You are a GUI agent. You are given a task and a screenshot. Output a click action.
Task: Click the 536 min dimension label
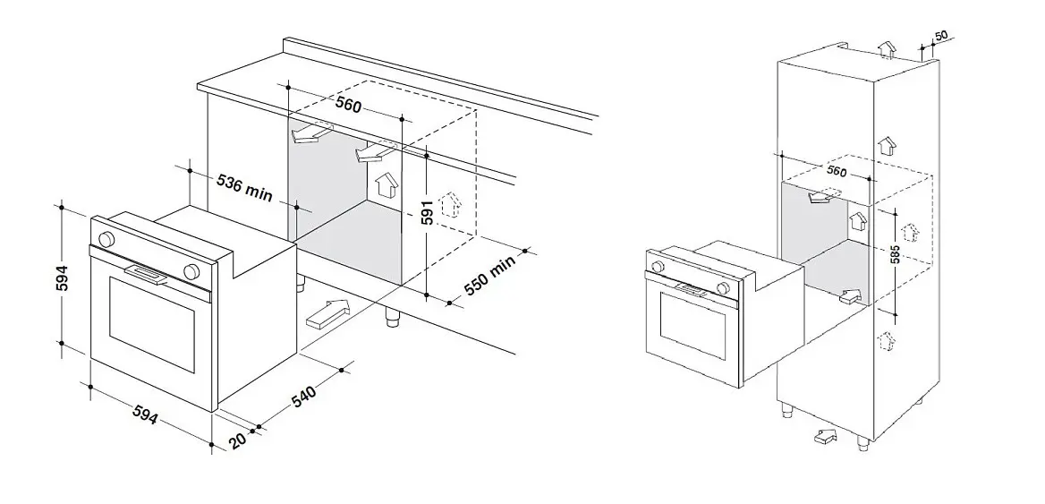click(244, 188)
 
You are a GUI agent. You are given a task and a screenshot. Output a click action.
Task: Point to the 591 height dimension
click(428, 210)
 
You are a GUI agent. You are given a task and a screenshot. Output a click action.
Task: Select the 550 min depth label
click(490, 275)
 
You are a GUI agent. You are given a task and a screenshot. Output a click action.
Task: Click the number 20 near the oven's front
click(238, 440)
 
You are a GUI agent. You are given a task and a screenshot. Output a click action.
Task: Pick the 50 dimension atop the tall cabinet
click(941, 36)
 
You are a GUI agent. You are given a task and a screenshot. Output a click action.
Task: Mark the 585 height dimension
click(896, 254)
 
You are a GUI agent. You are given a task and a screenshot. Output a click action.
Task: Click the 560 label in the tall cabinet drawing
click(837, 171)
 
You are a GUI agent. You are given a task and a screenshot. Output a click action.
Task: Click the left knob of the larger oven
click(106, 239)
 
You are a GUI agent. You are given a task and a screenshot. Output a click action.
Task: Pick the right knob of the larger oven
click(192, 271)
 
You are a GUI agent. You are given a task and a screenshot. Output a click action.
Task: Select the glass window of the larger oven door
click(152, 324)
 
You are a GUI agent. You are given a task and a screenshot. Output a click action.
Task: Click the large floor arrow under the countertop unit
click(327, 314)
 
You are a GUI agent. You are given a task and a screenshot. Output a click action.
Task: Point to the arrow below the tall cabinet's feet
click(825, 437)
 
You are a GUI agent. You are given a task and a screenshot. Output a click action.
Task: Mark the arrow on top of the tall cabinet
click(887, 50)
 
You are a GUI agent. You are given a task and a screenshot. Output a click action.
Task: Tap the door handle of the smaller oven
click(692, 289)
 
